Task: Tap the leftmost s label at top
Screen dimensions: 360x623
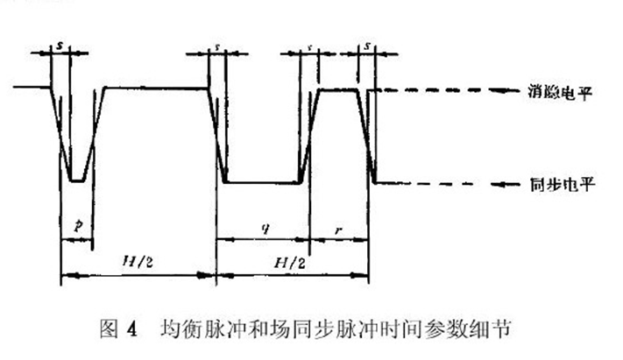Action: (x=60, y=42)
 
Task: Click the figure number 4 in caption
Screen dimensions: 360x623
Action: (x=132, y=330)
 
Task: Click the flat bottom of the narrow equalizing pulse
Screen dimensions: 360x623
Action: (x=78, y=181)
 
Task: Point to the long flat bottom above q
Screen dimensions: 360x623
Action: (x=263, y=182)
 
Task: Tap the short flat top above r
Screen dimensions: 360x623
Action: (x=338, y=88)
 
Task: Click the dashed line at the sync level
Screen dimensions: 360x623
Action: (x=429, y=183)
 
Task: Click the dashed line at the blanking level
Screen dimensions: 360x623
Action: (x=429, y=89)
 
